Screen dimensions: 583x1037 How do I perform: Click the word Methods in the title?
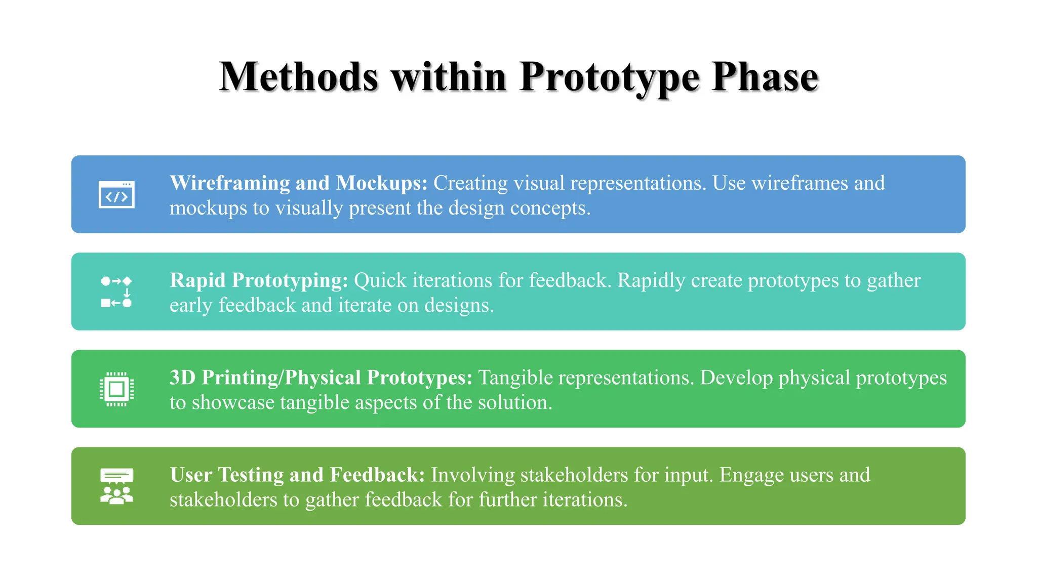pyautogui.click(x=299, y=77)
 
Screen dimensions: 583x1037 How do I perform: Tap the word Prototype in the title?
pyautogui.click(x=609, y=77)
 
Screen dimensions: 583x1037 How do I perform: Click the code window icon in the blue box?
pyautogui.click(x=116, y=194)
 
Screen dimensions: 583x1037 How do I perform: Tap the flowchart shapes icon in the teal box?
pyautogui.click(x=116, y=292)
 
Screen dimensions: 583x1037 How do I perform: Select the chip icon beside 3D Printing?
pyautogui.click(x=116, y=389)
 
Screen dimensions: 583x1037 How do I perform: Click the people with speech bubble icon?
pyautogui.click(x=116, y=486)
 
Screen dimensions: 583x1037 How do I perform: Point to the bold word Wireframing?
pyautogui.click(x=229, y=183)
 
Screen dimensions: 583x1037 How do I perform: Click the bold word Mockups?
pyautogui.click(x=382, y=183)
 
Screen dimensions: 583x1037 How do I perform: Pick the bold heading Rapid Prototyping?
pyautogui.click(x=259, y=280)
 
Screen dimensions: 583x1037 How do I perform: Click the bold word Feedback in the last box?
pyautogui.click(x=377, y=475)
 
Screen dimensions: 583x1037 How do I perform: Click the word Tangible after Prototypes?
pyautogui.click(x=515, y=378)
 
